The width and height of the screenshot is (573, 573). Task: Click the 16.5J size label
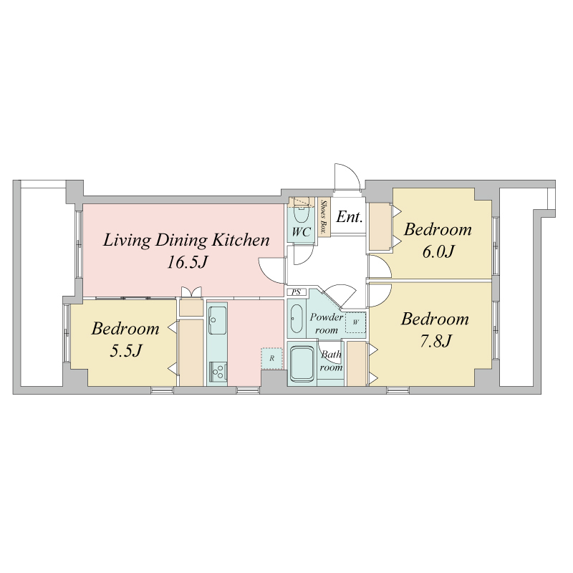click(x=187, y=262)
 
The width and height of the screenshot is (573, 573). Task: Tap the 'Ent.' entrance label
click(x=349, y=217)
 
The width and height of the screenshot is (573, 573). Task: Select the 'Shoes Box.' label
click(x=323, y=217)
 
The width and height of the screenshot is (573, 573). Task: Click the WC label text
click(x=301, y=231)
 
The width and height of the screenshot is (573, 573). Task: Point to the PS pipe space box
click(x=297, y=292)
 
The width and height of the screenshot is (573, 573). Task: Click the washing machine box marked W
click(x=355, y=322)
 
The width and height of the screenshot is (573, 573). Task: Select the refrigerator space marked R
click(x=271, y=359)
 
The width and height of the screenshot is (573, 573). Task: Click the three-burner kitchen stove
click(x=218, y=372)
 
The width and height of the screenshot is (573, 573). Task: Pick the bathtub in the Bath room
click(x=302, y=364)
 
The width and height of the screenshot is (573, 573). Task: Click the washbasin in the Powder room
click(x=297, y=319)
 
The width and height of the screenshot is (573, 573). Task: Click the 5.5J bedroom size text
click(x=126, y=351)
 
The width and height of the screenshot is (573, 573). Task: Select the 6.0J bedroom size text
click(x=438, y=252)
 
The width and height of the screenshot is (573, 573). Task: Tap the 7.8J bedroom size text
click(x=435, y=342)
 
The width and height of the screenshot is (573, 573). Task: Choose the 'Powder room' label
click(x=326, y=324)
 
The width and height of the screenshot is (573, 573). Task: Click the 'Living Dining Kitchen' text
click(x=186, y=241)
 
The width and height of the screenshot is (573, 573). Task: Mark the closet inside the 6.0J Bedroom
click(x=380, y=227)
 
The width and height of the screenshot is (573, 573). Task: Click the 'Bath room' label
click(x=331, y=361)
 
